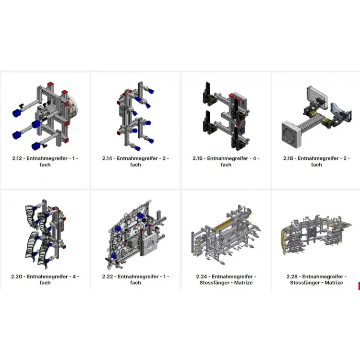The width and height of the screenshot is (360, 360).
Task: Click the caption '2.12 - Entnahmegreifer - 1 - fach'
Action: tap(45, 161)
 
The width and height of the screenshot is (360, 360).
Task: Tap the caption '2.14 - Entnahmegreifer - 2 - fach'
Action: tap(135, 161)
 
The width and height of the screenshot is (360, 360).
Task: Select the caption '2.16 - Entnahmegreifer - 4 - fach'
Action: tap(226, 161)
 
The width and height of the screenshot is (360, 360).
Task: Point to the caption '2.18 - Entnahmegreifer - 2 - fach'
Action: tap(317, 161)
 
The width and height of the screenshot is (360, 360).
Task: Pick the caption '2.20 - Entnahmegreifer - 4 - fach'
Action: tap(45, 279)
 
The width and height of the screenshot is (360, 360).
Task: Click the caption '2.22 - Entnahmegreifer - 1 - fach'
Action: tap(135, 279)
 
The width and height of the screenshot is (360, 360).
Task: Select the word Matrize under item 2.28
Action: tap(334, 283)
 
